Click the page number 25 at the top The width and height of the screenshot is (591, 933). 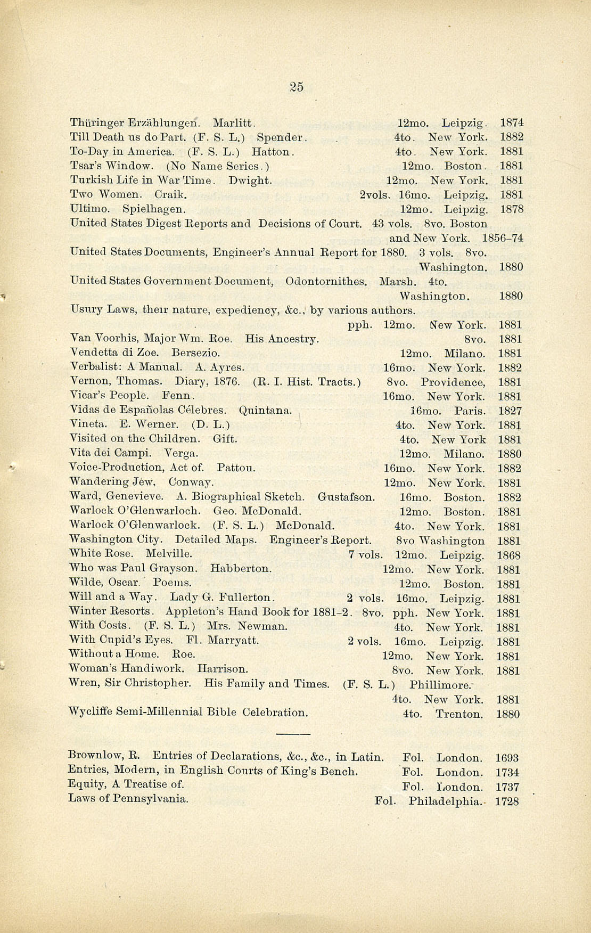click(297, 87)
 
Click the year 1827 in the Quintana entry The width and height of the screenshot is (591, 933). click(510, 411)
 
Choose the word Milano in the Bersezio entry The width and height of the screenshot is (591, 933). click(464, 354)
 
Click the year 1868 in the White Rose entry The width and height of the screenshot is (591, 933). click(508, 555)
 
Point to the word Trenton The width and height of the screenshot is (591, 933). click(459, 714)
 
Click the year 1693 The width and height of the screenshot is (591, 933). click(506, 758)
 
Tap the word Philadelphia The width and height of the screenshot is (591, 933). click(445, 801)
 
